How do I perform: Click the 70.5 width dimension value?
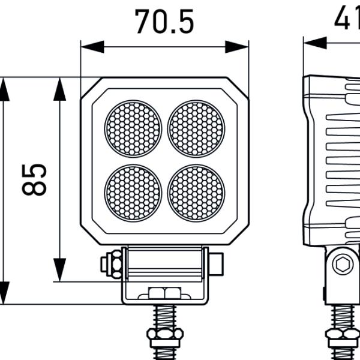coord(164,22)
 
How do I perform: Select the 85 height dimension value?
coord(35,179)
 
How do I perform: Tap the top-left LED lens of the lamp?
coord(133,128)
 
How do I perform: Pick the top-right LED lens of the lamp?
coord(196,128)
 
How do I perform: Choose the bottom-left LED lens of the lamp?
coord(133,192)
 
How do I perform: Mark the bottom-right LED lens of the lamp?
coord(196,192)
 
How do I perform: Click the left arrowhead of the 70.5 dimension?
coord(91,47)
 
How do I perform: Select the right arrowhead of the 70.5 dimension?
coord(238,47)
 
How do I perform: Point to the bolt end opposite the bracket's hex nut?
coord(217,264)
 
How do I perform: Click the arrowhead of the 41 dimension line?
coord(315,43)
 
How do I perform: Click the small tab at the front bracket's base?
coord(164,293)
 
